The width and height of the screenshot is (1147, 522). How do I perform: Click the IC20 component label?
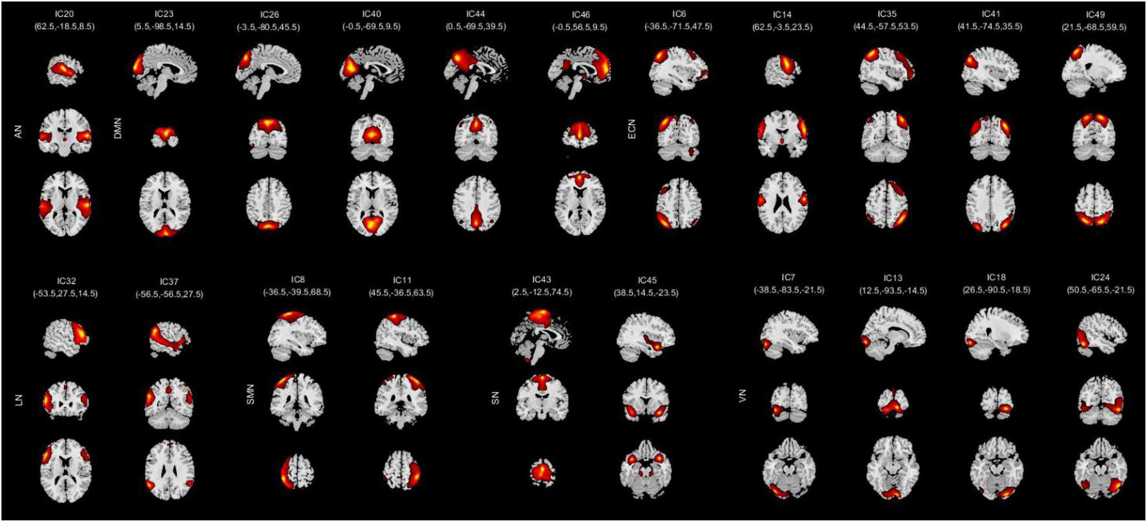65,14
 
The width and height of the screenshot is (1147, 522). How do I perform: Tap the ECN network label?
632,132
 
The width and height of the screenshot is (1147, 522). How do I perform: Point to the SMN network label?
251,397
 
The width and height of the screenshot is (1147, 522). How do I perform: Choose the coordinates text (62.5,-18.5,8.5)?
65,27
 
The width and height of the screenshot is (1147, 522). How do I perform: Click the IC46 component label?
581,14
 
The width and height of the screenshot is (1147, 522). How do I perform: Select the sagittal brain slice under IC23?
164,70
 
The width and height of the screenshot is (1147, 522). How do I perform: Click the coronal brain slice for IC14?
782,136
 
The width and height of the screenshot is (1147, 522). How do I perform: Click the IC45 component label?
647,280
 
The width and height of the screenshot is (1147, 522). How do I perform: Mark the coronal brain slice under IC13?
893,401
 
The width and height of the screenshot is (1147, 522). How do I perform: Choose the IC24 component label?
1100,277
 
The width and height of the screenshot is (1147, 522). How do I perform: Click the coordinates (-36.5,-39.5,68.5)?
297,292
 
